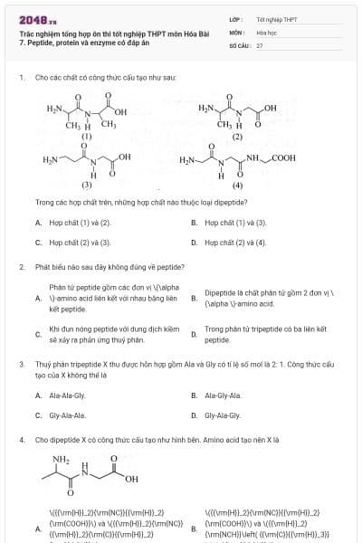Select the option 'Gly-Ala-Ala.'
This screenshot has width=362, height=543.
pos(67,415)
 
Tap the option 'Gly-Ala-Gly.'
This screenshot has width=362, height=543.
pos(223,415)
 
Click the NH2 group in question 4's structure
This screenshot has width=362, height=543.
pos(61,459)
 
